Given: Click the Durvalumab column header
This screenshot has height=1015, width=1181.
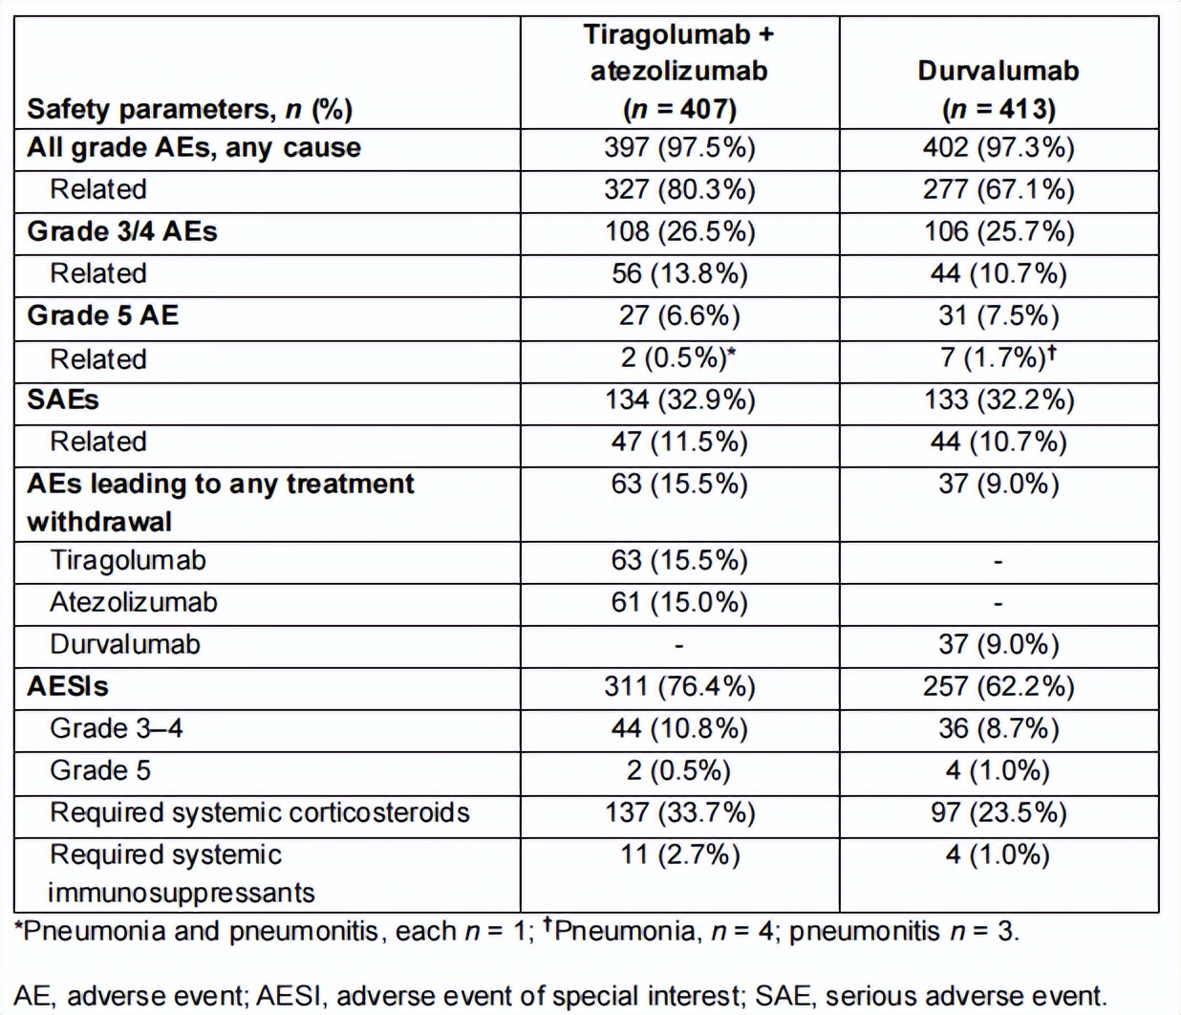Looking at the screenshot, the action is [998, 89].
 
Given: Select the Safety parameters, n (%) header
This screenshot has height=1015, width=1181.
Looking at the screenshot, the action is [190, 109].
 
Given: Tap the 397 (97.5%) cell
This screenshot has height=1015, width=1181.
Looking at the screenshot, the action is [679, 148].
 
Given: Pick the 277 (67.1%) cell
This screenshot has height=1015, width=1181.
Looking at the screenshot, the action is [998, 190].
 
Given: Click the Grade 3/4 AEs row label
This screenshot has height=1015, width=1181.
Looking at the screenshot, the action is [122, 231].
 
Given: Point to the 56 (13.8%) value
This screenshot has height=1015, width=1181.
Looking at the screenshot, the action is [679, 273].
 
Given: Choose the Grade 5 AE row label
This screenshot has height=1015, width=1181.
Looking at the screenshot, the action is [103, 314].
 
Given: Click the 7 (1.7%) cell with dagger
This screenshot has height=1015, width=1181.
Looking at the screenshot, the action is [998, 357].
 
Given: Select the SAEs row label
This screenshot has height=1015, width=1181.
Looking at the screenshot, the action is [63, 399].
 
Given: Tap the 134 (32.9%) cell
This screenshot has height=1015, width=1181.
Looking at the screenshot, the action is [679, 400].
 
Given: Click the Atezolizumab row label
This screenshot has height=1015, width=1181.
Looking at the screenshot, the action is [134, 602].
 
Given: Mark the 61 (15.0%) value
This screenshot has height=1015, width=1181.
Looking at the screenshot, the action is [679, 603].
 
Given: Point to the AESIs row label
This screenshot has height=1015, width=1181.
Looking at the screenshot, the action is [68, 686].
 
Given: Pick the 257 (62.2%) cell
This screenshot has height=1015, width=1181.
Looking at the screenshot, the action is [998, 686].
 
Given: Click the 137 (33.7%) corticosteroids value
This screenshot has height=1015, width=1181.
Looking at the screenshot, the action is [679, 812].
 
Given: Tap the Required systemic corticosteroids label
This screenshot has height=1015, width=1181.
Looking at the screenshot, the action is [260, 812].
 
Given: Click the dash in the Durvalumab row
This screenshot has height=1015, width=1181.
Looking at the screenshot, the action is [678, 645].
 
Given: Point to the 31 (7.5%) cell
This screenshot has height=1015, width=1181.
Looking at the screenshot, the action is [998, 315].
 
